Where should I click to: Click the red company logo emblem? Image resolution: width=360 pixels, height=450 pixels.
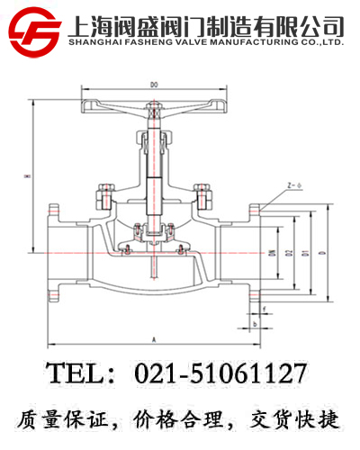pos(33,31)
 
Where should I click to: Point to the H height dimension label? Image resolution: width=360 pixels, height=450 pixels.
pos(28,176)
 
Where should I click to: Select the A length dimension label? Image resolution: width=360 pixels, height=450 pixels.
pos(154,339)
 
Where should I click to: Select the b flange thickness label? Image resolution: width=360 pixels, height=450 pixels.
pos(256,321)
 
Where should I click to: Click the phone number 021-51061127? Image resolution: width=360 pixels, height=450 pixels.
pos(220,373)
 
